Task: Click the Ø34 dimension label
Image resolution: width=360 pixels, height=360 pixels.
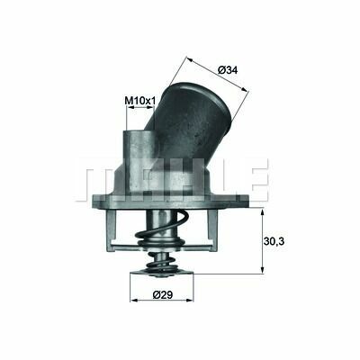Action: coord(228,70)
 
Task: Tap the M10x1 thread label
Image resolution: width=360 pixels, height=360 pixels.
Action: coord(140,101)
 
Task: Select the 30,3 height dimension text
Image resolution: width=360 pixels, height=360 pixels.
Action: coord(274,240)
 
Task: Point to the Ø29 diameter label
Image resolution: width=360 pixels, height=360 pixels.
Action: coord(163,294)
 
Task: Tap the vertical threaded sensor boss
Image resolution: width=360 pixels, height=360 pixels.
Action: coord(139,162)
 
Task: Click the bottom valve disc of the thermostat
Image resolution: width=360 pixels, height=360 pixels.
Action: coord(161,273)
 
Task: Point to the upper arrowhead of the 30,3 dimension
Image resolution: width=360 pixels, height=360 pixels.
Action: coord(263,212)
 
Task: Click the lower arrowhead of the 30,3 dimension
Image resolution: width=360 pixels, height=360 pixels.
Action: coord(263,270)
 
